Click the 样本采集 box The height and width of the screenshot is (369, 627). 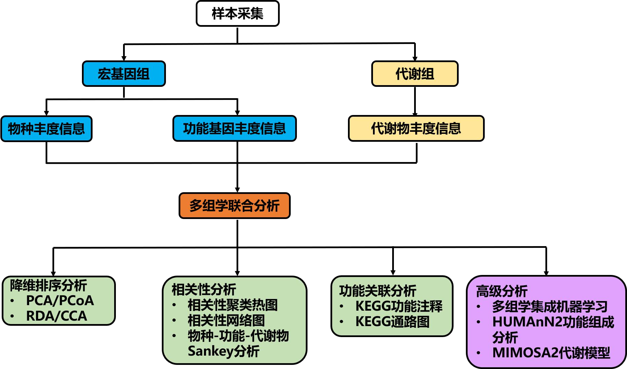point(238,14)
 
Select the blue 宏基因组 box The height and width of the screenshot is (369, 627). point(124,74)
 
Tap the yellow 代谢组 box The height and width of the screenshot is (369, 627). point(415,74)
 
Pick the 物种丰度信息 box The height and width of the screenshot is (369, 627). point(47,129)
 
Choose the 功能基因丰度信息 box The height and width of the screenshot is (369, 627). point(234,128)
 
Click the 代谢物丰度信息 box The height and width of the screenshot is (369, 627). point(416,128)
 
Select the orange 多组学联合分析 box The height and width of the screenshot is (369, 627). point(234,206)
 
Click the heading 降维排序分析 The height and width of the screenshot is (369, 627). point(48,285)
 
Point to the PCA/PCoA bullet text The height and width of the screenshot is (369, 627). point(60,301)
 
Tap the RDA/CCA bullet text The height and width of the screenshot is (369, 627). point(57,316)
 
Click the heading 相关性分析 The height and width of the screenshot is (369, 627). point(204,289)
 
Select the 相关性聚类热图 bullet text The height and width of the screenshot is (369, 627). point(233,305)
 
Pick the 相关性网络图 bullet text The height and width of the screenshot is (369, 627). point(226,320)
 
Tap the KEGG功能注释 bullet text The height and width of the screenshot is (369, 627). point(399,306)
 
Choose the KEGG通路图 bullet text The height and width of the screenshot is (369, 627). point(393,322)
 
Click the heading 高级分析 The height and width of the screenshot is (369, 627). point(502,291)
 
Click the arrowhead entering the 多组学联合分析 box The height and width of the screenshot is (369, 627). point(237,190)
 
